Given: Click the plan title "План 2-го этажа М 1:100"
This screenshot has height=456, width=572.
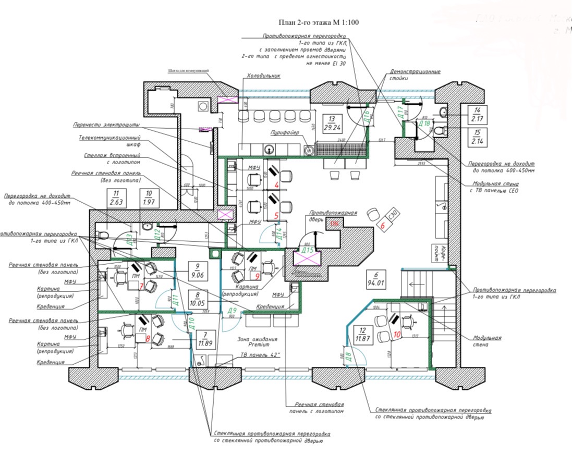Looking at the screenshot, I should pos(320,22).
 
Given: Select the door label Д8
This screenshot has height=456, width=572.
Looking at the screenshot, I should pos(347,356).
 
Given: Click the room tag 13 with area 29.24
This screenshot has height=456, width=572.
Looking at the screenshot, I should pos(331,123).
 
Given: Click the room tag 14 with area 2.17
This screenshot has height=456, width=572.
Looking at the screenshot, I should pos(476,115).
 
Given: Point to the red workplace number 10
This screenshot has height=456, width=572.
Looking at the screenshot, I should pos(398,335).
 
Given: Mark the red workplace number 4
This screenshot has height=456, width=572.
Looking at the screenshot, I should pos(276,184).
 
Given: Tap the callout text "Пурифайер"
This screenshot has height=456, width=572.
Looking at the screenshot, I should pos(284,133).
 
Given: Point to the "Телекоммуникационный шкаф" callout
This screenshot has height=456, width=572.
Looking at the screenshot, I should pos(110,141).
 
